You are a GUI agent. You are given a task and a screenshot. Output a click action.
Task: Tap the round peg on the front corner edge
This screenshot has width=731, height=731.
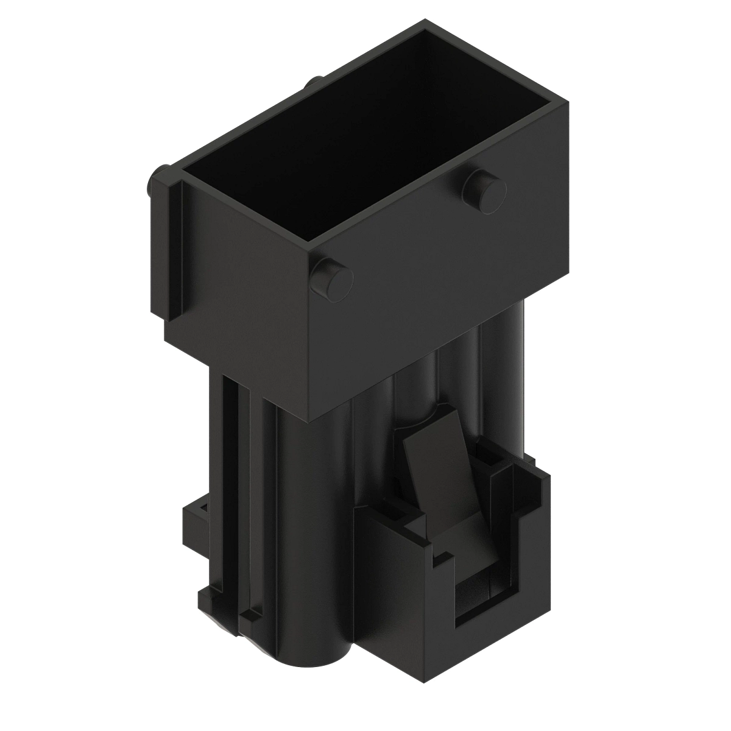click(x=331, y=279)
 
